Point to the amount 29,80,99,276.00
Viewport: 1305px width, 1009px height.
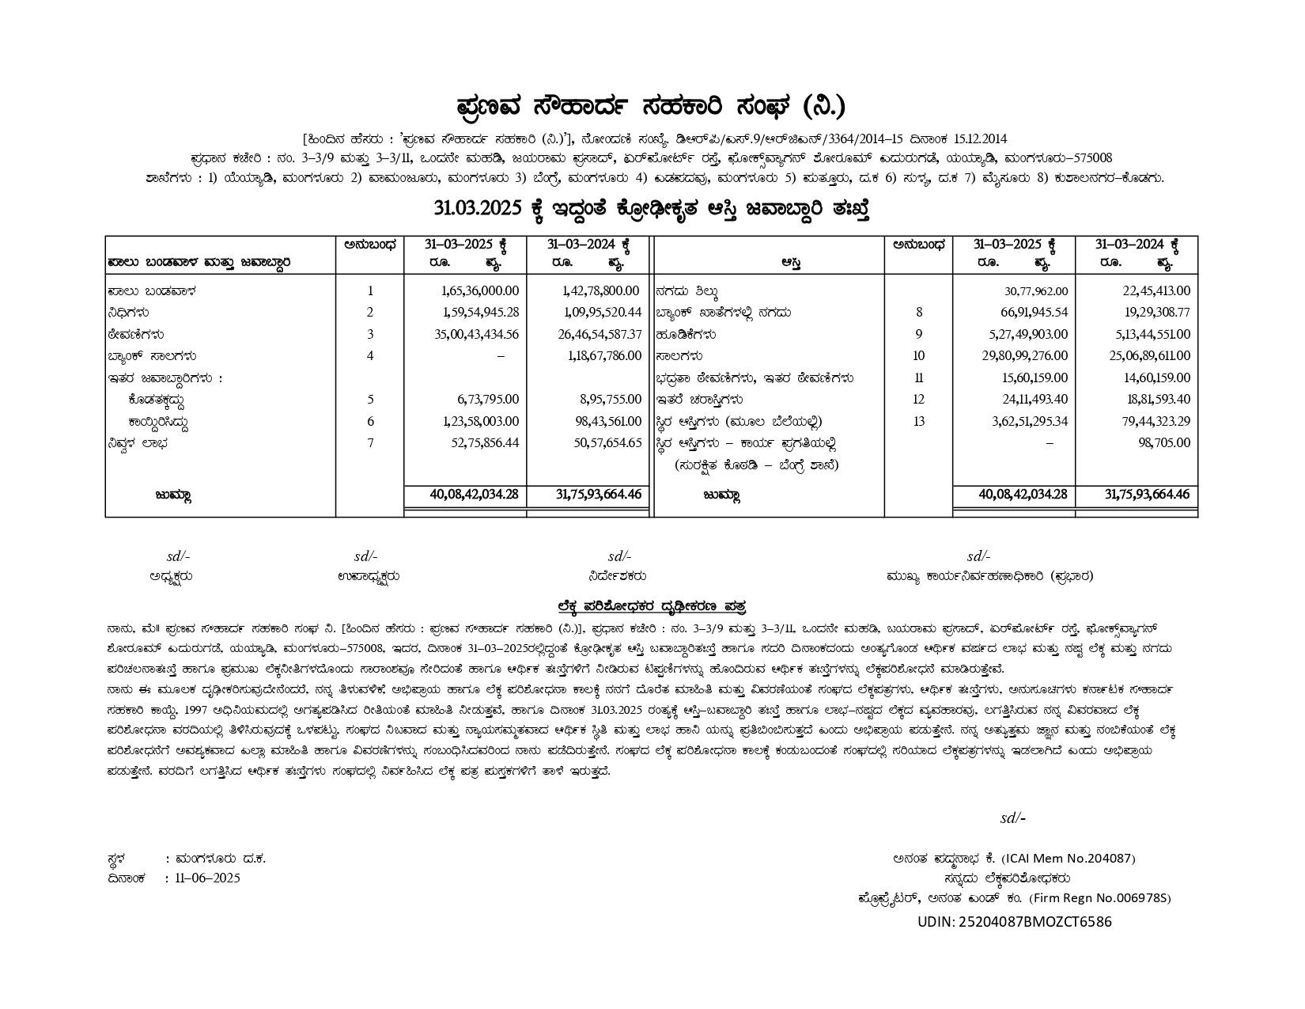click(1025, 356)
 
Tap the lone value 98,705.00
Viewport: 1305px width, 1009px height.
click(1164, 443)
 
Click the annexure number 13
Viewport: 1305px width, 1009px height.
click(918, 422)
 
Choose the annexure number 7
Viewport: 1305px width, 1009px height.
click(370, 443)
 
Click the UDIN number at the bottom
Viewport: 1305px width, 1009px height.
click(1014, 922)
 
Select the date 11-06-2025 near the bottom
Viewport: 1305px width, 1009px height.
click(207, 878)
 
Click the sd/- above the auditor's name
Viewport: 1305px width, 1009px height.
click(1012, 818)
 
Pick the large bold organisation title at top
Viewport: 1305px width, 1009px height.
click(651, 105)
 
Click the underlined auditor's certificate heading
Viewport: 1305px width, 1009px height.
click(652, 606)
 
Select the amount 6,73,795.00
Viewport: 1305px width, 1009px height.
click(488, 400)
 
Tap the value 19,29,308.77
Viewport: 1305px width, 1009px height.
click(1156, 313)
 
